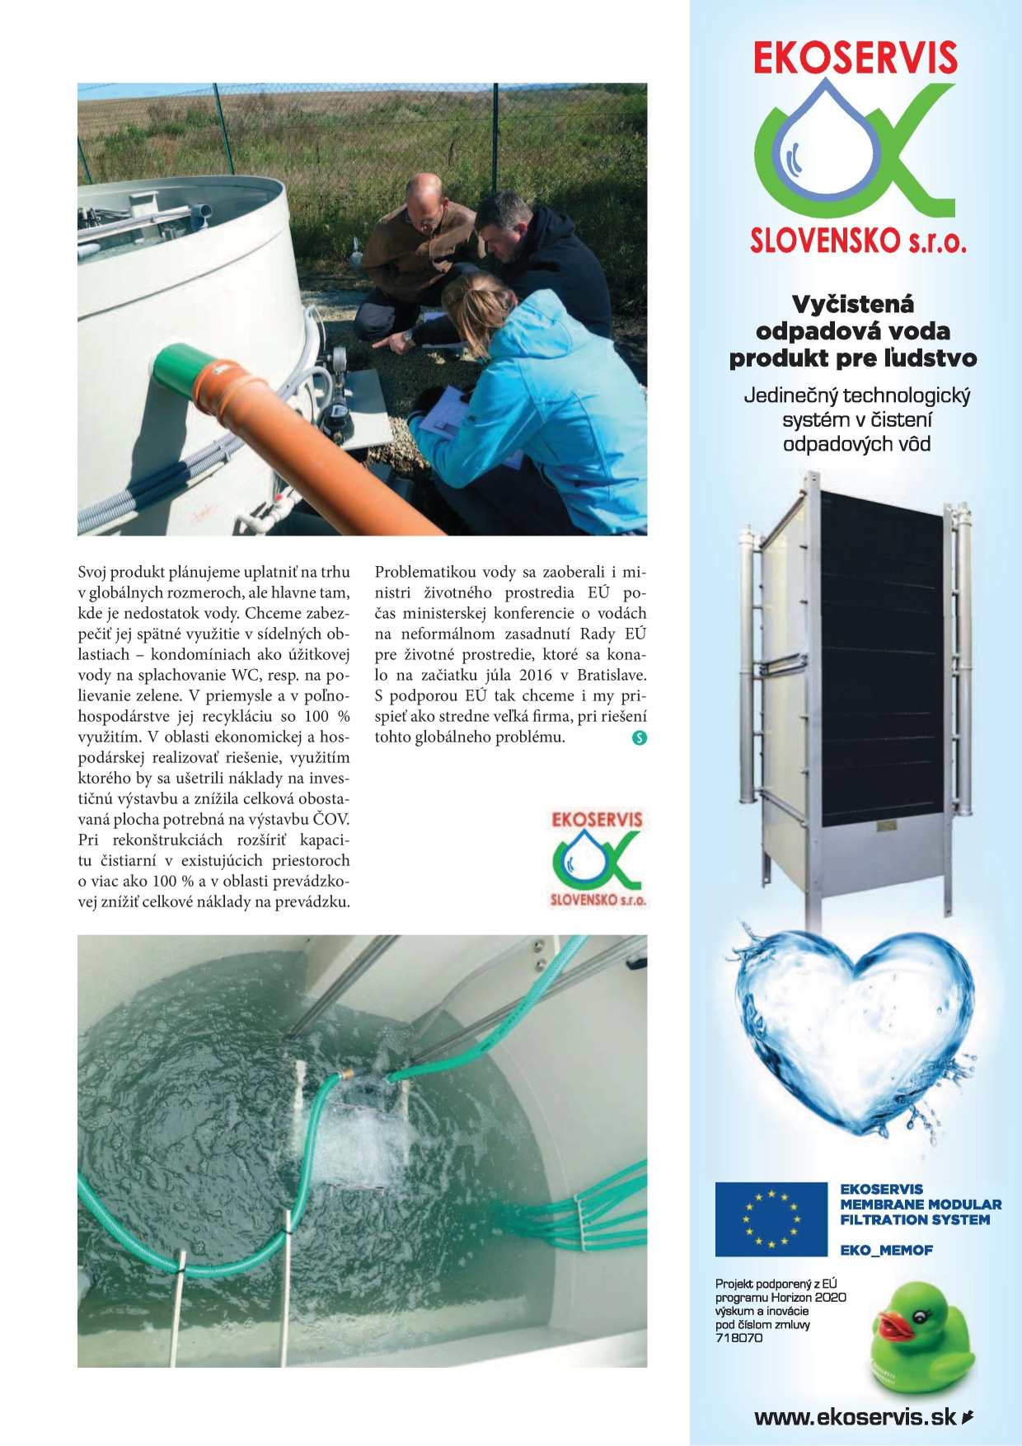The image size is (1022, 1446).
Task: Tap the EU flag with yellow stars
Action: [x=771, y=1219]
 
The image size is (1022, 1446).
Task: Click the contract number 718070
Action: [x=738, y=1338]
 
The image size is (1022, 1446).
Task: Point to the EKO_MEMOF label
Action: [x=886, y=1250]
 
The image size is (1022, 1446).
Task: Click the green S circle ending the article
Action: [x=639, y=738]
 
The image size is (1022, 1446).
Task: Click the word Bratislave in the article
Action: [x=612, y=675]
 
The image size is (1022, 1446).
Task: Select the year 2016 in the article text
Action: [x=535, y=675]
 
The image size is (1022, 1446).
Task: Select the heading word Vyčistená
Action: [x=853, y=305]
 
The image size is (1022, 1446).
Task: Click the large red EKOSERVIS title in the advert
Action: [x=855, y=59]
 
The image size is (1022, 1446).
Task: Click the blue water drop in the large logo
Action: [x=826, y=148]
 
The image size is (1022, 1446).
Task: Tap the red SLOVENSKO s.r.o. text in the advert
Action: [x=857, y=241]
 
